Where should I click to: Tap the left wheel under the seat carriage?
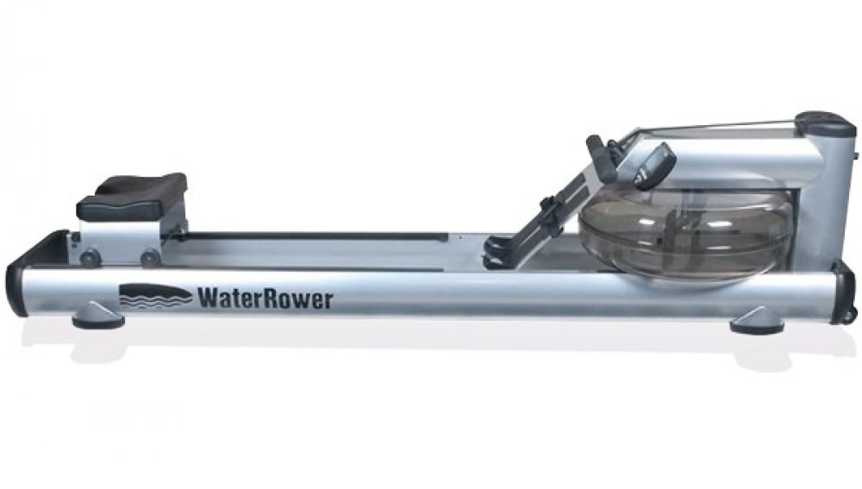[90, 257]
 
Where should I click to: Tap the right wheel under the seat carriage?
[149, 258]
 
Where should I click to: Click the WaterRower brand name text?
[265, 298]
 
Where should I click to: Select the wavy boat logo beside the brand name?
[155, 296]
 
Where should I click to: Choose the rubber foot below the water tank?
[757, 321]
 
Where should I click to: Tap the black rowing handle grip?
[602, 159]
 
